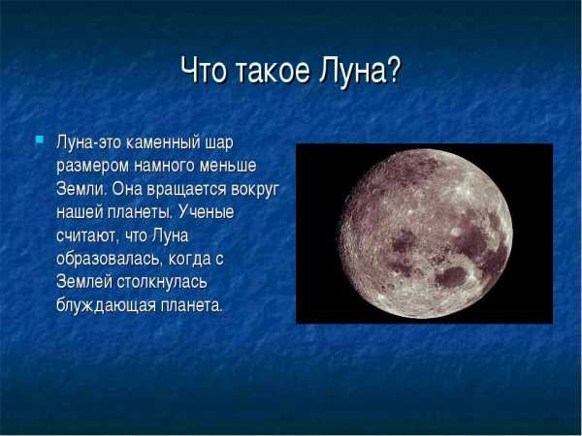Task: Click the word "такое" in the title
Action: tap(272, 70)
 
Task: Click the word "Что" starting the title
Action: tap(203, 70)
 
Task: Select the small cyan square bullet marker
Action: tap(40, 140)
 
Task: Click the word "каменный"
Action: tap(163, 143)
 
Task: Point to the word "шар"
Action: tap(219, 144)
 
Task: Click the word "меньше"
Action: tap(228, 166)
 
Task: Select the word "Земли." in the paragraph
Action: tap(81, 190)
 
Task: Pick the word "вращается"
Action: tap(186, 190)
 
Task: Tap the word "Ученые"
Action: tap(206, 212)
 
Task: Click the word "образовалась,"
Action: tap(110, 259)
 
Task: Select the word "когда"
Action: tap(189, 260)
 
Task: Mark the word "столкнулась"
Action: tap(162, 283)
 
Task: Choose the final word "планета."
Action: tap(192, 306)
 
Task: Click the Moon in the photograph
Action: tap(426, 234)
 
